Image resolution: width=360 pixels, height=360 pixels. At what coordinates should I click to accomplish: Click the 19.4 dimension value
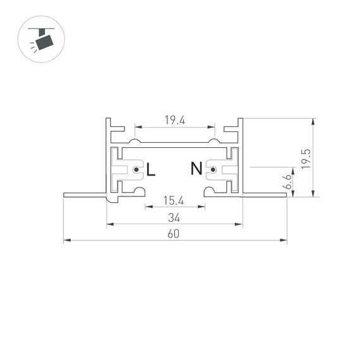pos(174,120)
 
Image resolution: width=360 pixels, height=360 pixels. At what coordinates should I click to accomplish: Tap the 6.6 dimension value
pos(287,181)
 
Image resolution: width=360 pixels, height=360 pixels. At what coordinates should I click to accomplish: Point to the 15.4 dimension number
pos(174,201)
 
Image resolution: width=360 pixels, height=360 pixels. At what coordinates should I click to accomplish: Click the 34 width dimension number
pos(174,218)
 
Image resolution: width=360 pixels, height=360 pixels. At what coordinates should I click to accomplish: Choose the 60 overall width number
pos(174,234)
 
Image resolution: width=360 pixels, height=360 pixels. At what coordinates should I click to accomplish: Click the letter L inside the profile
pos(150,169)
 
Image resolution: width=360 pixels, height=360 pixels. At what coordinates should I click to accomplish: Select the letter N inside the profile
pos(196,169)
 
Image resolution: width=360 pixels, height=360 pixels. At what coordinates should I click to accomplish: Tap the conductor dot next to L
pos(135,169)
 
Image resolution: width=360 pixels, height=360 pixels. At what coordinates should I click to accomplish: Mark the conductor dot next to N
pos(213,169)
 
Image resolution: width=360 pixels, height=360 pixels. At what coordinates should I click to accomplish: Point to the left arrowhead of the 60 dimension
pos(66,241)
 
